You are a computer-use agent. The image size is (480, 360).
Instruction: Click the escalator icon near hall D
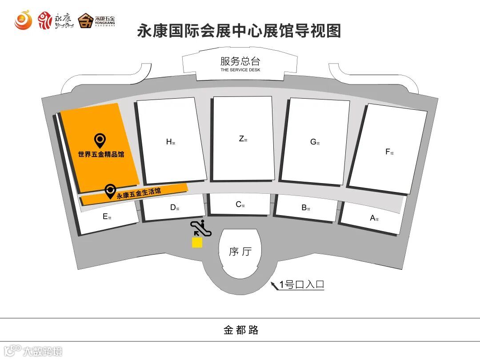[201, 228]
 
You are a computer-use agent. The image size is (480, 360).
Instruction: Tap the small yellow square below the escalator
[197, 243]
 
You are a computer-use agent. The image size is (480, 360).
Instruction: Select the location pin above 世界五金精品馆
[101, 141]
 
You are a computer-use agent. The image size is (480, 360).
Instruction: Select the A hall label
[374, 218]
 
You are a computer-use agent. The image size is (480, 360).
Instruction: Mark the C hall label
[240, 204]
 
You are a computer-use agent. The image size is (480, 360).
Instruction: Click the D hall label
[174, 207]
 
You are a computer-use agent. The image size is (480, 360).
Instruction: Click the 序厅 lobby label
[240, 252]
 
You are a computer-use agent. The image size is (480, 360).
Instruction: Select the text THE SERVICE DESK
[240, 70]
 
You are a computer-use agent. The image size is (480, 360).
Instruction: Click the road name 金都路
[240, 330]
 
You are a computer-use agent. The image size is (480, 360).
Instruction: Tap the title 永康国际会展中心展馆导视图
[240, 31]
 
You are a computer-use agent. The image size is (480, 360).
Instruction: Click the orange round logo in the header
[23, 20]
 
